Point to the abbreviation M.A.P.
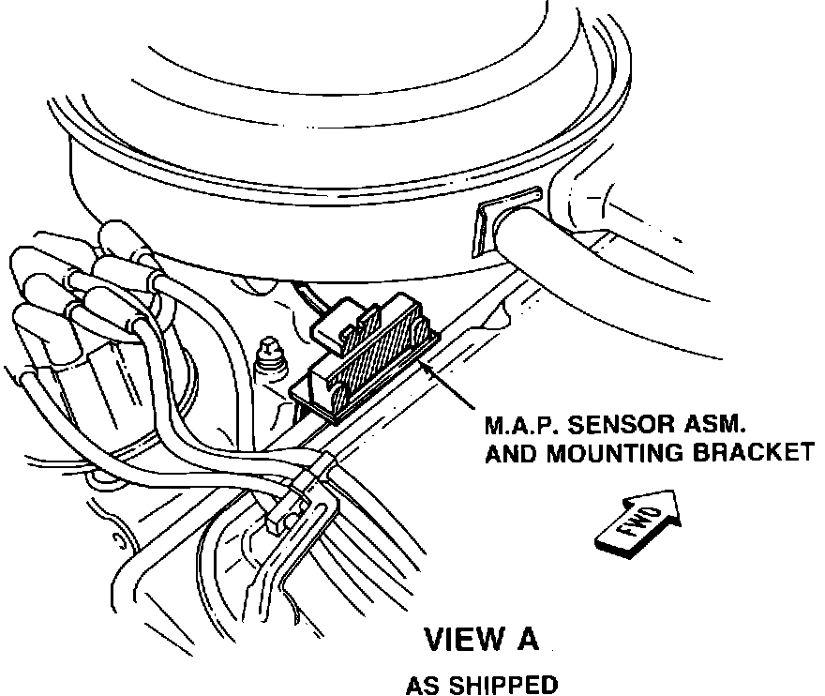tap(516, 424)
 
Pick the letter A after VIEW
tap(527, 640)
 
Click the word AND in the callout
tap(508, 453)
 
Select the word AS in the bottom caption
tap(421, 686)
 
